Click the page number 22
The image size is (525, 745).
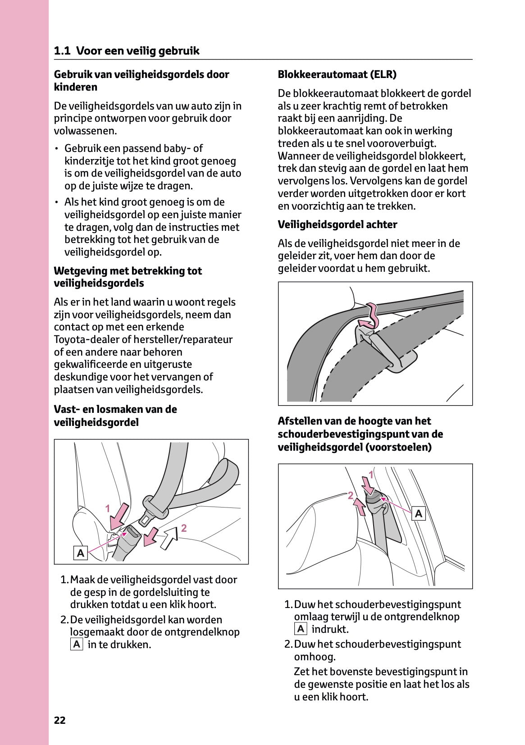[59, 720]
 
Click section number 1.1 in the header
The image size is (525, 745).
[62, 51]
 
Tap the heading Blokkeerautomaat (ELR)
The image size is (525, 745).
[337, 74]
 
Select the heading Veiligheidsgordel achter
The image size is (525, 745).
[337, 224]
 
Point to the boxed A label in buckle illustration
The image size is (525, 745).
[80, 553]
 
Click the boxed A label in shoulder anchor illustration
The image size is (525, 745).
[419, 513]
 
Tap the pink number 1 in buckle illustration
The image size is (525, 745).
[108, 509]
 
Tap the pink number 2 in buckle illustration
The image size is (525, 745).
[184, 528]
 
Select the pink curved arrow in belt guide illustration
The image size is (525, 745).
[370, 317]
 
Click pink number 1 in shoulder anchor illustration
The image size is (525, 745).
[371, 475]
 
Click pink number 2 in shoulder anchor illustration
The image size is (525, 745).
[350, 496]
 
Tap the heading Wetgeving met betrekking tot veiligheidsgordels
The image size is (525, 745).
[128, 277]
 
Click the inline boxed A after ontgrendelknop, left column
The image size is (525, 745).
[77, 644]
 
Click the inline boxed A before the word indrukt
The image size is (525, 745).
[301, 629]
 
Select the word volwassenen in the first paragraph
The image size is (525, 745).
[85, 131]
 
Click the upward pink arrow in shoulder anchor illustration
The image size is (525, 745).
[361, 507]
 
